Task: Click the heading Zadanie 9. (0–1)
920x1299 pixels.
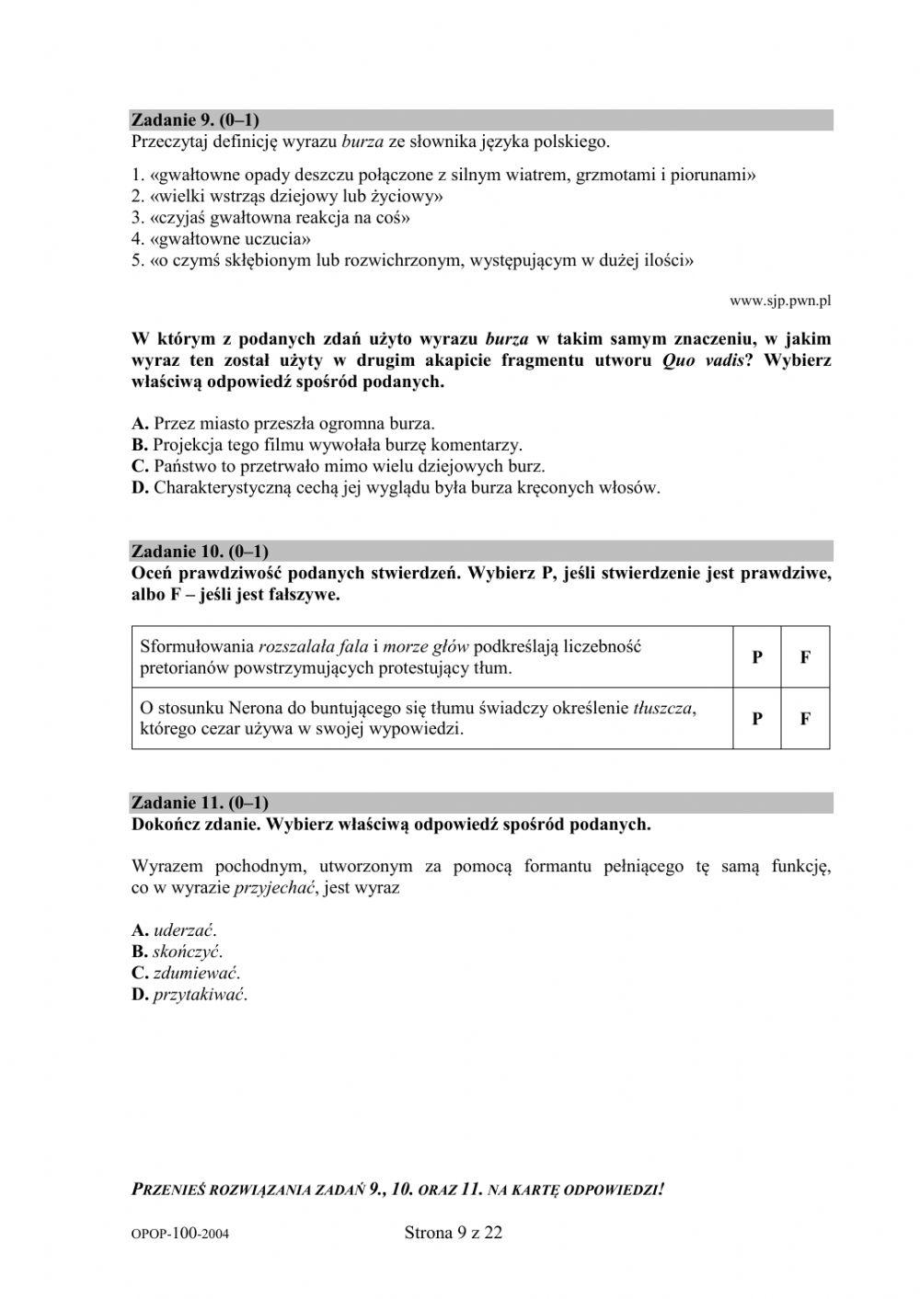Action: click(x=195, y=120)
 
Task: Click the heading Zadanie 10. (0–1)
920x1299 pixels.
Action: click(x=200, y=552)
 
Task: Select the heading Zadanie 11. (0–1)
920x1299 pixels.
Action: click(x=200, y=803)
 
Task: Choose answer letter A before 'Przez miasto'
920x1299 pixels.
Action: click(x=140, y=424)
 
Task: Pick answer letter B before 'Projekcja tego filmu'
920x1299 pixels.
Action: click(x=140, y=445)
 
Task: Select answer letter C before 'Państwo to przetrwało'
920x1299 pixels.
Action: click(x=140, y=466)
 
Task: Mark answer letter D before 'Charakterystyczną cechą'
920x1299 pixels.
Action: click(x=140, y=487)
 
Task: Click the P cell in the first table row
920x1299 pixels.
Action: click(x=757, y=657)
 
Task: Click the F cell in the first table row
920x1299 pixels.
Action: click(x=805, y=657)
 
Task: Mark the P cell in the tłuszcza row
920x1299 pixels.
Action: click(x=757, y=719)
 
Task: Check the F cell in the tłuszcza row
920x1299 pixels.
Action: click(x=805, y=719)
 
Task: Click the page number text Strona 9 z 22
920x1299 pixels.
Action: click(x=454, y=1234)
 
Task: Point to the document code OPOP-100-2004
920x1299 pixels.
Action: click(x=180, y=1236)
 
